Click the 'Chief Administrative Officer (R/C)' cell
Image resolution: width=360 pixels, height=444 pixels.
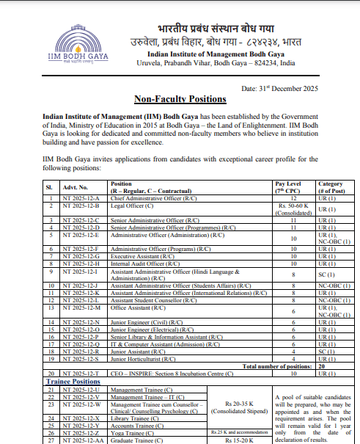pos(153,198)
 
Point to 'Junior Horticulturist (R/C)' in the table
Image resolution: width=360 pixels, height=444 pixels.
pos(144,360)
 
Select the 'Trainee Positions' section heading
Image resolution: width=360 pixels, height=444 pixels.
pos(73,382)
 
